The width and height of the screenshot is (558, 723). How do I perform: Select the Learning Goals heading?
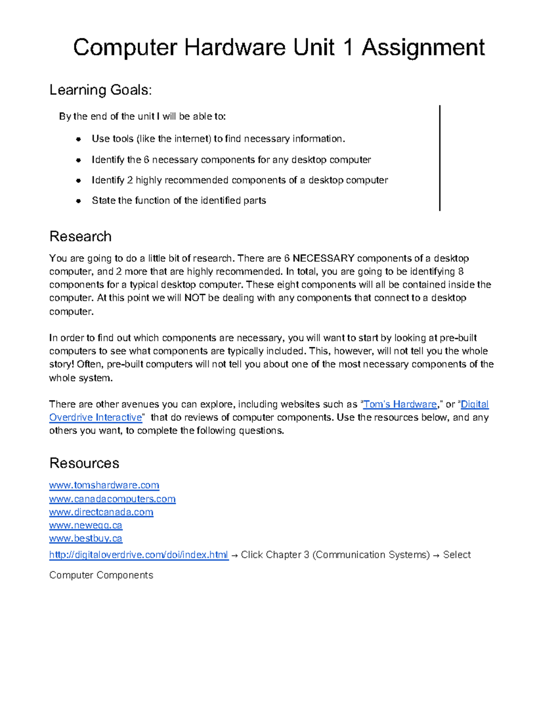(x=100, y=90)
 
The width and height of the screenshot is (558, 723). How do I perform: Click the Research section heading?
(x=80, y=236)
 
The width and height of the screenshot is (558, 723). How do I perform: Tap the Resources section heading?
(x=84, y=463)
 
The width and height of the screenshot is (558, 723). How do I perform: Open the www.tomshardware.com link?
(x=104, y=485)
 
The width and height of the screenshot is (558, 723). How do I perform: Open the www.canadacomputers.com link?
(x=113, y=499)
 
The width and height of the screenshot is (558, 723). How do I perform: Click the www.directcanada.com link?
(x=101, y=512)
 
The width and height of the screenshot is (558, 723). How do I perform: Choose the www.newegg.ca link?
(x=86, y=525)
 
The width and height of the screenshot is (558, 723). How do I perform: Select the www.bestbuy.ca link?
(x=86, y=539)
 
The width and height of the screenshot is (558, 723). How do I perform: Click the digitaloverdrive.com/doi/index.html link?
(x=139, y=555)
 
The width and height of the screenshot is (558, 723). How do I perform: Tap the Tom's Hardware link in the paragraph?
(x=400, y=404)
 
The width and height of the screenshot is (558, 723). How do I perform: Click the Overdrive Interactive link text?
(x=96, y=417)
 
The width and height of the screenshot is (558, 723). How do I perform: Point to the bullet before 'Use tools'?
(x=79, y=139)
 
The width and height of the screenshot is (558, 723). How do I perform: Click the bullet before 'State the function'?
(x=79, y=201)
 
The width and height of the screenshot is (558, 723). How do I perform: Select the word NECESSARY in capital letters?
(x=323, y=258)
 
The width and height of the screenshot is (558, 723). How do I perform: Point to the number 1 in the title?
(x=347, y=47)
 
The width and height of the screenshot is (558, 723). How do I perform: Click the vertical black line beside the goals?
(x=439, y=158)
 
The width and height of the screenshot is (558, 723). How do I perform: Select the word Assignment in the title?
(x=423, y=47)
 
